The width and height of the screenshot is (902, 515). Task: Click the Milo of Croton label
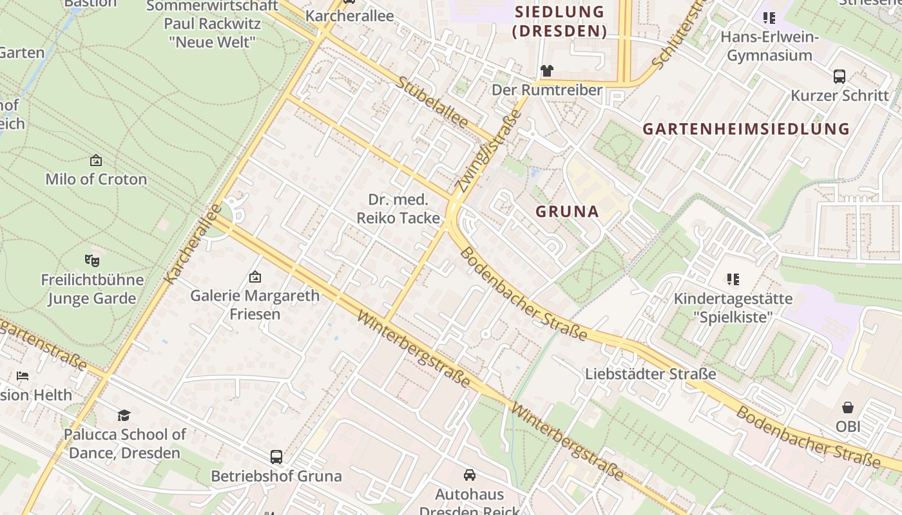click(96, 179)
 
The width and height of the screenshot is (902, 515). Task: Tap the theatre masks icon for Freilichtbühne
click(92, 261)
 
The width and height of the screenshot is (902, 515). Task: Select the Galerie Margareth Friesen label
click(254, 304)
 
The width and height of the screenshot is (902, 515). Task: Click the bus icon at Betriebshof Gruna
click(276, 457)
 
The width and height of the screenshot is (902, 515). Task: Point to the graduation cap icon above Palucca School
click(124, 415)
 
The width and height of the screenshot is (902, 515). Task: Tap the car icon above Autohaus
click(470, 475)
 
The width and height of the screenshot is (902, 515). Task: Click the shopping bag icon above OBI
click(848, 407)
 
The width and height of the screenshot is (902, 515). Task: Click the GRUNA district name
click(568, 211)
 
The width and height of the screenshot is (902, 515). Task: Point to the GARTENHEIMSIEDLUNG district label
click(746, 129)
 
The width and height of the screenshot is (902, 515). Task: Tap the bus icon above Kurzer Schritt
click(840, 77)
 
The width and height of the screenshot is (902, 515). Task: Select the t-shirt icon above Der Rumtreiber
click(547, 71)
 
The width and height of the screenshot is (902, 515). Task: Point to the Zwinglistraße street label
click(487, 151)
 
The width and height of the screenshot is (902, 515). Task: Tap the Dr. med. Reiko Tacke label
click(398, 209)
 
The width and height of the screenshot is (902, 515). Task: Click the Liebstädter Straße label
click(651, 374)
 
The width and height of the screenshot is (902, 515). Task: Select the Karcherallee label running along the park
click(193, 245)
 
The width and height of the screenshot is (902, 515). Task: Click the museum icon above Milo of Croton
click(96, 160)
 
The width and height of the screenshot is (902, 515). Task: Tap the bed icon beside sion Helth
click(23, 376)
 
